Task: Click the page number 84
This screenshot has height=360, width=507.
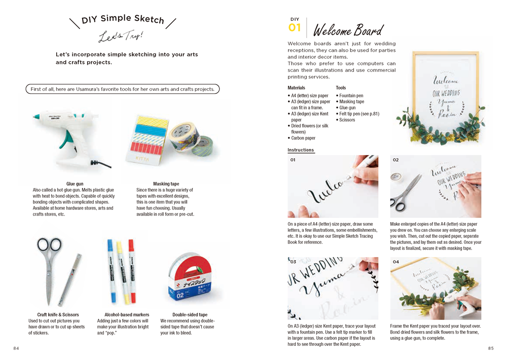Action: [x=17, y=348]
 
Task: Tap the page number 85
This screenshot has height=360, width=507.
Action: [x=490, y=348]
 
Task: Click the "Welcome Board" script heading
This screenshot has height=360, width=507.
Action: [x=348, y=30]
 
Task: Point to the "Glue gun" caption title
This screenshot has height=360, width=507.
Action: [x=75, y=184]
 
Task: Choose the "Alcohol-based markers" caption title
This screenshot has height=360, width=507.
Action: [x=120, y=314]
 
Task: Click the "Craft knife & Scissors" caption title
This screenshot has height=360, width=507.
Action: [x=58, y=314]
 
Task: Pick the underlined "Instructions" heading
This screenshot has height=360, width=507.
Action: [x=301, y=150]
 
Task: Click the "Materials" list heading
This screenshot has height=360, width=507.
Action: [x=296, y=88]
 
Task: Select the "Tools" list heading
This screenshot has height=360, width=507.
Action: [x=341, y=88]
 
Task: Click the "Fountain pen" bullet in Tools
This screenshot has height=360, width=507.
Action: [x=351, y=95]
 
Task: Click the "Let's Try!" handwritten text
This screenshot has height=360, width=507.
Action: [x=121, y=37]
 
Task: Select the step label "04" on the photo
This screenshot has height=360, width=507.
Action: [x=395, y=262]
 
